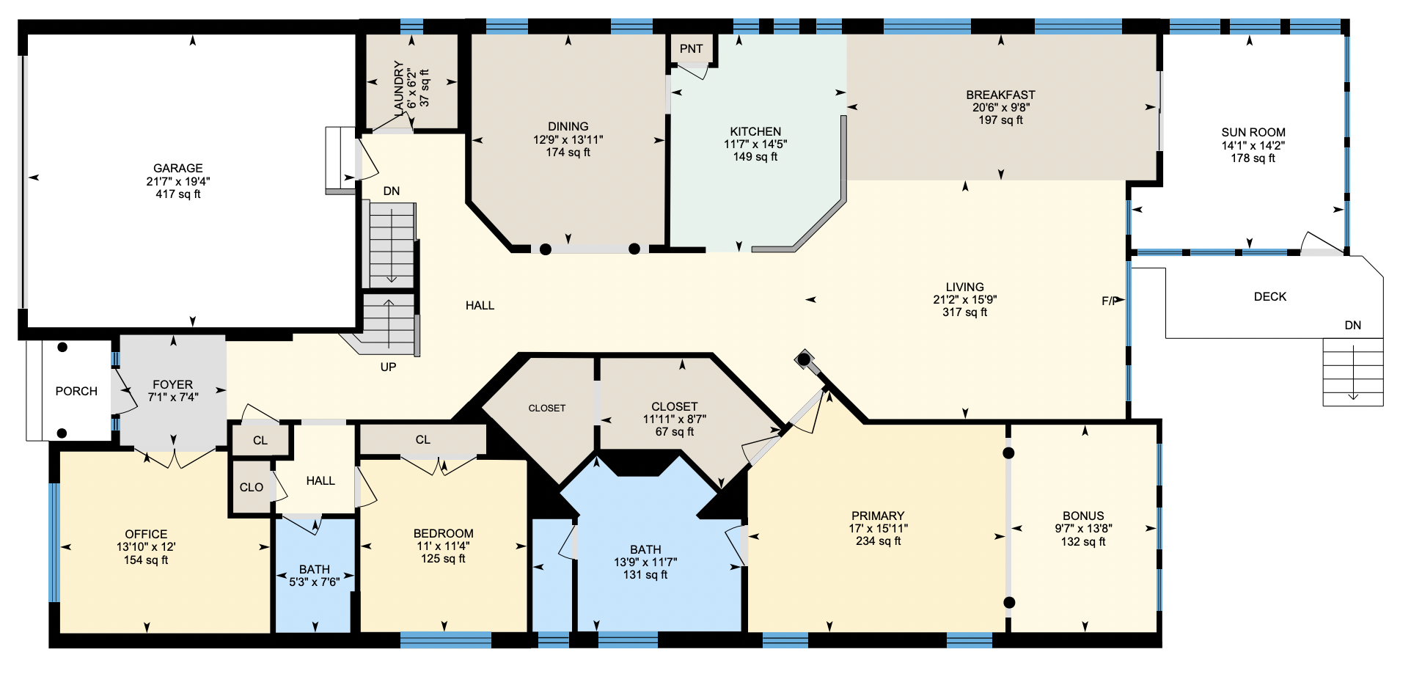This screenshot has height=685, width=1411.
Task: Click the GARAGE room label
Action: [x=178, y=168]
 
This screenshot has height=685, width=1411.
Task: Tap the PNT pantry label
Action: [x=692, y=49]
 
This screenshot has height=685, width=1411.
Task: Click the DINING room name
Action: [x=568, y=126]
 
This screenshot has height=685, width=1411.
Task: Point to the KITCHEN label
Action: [x=755, y=131]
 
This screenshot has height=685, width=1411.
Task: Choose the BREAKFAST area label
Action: [x=1001, y=95]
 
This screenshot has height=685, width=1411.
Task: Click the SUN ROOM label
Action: [x=1253, y=132]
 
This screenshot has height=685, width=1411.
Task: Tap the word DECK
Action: [x=1270, y=296]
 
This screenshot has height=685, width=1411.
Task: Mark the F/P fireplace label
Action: [x=1110, y=301]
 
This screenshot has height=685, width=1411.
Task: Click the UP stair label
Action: [x=388, y=367]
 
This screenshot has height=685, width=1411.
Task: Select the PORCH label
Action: [x=76, y=391]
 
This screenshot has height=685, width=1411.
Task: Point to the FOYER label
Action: [x=173, y=384]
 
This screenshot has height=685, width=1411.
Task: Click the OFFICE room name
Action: [x=146, y=534]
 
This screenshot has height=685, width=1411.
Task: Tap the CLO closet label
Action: [x=252, y=487]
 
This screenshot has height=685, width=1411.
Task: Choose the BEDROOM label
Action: [x=444, y=533]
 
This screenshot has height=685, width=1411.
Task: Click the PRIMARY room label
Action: [x=878, y=516]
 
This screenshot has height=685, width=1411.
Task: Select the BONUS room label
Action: [x=1083, y=516]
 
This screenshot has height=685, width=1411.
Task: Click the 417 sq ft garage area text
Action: [x=178, y=194]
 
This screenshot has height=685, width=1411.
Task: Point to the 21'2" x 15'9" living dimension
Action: [x=965, y=299]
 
